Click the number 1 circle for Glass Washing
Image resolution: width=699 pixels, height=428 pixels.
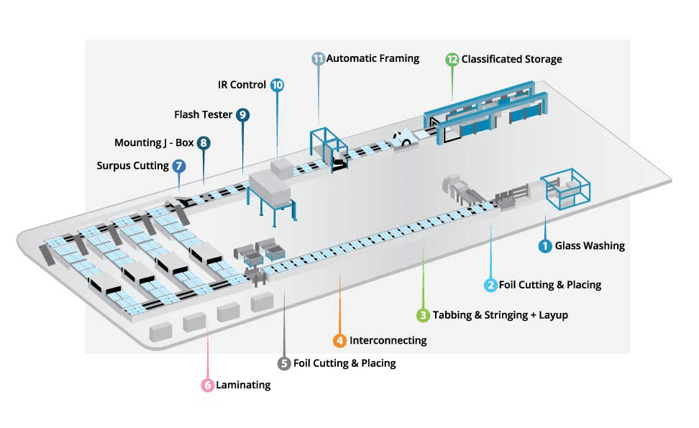point(546,246)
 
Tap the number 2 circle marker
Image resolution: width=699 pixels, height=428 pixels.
point(490,285)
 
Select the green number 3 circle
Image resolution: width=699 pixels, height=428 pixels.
point(424,315)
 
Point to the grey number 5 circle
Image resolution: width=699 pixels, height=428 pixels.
point(285,363)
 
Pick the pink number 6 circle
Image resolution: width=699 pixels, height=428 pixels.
point(207,385)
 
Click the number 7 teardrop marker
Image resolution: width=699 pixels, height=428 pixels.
point(179,166)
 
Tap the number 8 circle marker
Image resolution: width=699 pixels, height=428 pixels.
point(204,143)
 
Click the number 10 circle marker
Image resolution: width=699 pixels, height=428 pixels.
point(277,85)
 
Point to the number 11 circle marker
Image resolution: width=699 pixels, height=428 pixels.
point(319,58)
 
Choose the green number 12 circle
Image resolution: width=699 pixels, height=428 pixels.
point(452,59)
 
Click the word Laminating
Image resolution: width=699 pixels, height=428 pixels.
point(243,385)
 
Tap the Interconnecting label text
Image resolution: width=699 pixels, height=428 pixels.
point(388,340)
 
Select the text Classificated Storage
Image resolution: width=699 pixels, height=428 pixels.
point(511,59)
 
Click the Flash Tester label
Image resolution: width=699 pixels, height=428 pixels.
point(203,114)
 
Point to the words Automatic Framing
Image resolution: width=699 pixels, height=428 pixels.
point(373,58)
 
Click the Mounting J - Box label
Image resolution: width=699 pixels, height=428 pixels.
point(154,143)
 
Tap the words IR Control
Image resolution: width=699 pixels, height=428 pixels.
point(242,85)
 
